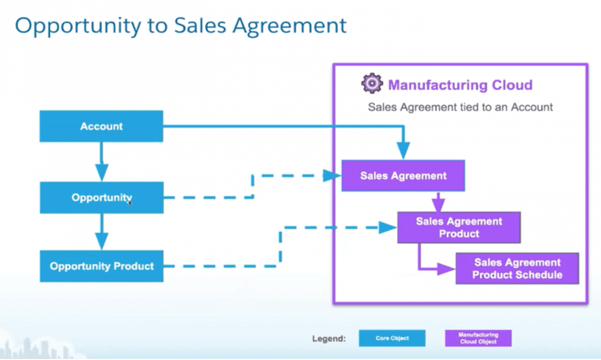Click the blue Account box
pos(101,126)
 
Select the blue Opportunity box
pos(101,198)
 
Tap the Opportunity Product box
pos(101,266)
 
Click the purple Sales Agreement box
pos(403,176)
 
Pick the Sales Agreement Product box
pos(459,227)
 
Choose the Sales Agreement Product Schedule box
pos(517,269)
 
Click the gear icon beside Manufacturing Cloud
pos(372,84)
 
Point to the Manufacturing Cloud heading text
pos(460,85)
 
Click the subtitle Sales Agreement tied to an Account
pos(460,107)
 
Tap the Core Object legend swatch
pos(392,338)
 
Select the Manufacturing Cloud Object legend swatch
pos(478,338)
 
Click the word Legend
pos(329,338)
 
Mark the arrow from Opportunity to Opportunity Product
pos(101,233)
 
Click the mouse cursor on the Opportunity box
pos(130,202)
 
